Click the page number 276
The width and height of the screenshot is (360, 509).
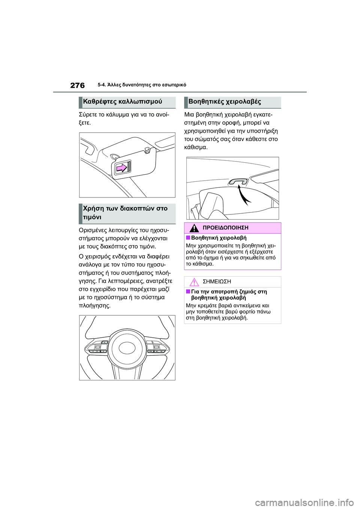click(x=78, y=85)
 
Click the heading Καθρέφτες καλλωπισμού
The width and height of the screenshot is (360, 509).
click(x=123, y=102)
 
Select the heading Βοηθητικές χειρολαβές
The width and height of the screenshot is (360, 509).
click(x=225, y=102)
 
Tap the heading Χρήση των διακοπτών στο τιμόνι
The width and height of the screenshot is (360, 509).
click(x=125, y=213)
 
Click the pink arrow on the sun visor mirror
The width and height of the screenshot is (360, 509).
click(x=122, y=168)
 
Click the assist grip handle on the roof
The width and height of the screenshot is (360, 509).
click(x=238, y=181)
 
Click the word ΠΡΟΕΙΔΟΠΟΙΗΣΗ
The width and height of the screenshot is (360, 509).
click(x=225, y=228)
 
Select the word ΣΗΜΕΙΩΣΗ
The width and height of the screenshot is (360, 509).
click(x=217, y=282)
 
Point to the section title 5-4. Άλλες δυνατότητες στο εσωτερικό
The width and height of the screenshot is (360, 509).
click(x=142, y=85)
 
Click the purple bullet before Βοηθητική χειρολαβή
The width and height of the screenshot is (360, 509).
click(x=188, y=238)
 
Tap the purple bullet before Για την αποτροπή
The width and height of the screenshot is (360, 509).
click(x=188, y=292)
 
